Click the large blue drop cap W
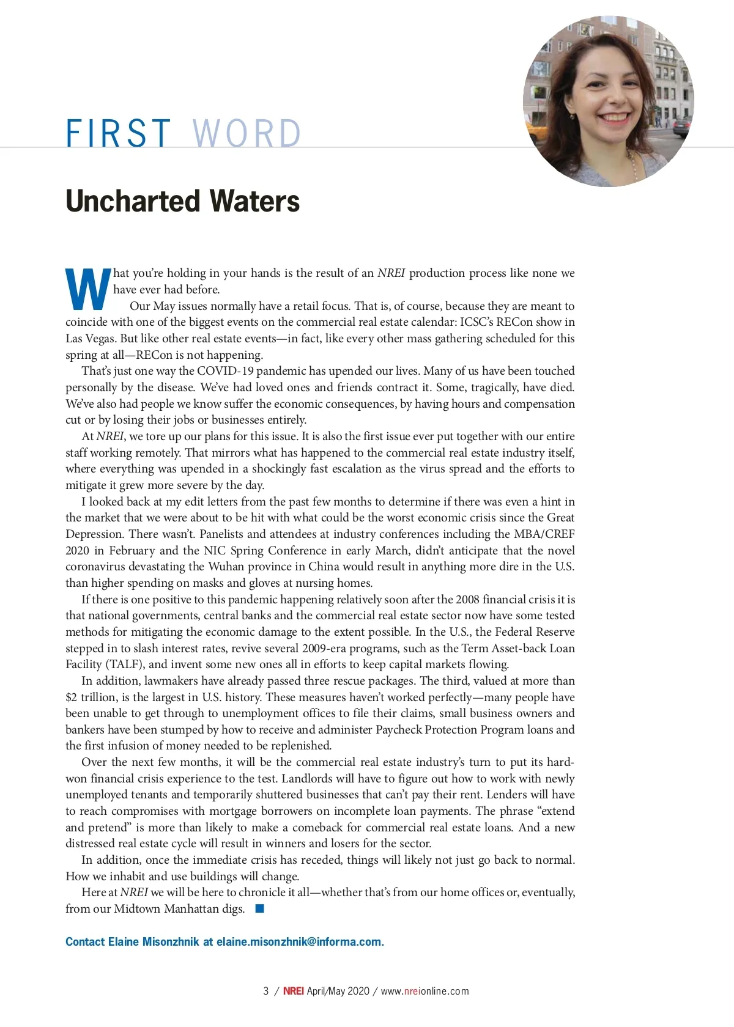[88, 290]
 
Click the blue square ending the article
[260, 909]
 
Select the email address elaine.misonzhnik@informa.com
[299, 942]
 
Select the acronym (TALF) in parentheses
[125, 664]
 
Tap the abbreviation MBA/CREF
[544, 534]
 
